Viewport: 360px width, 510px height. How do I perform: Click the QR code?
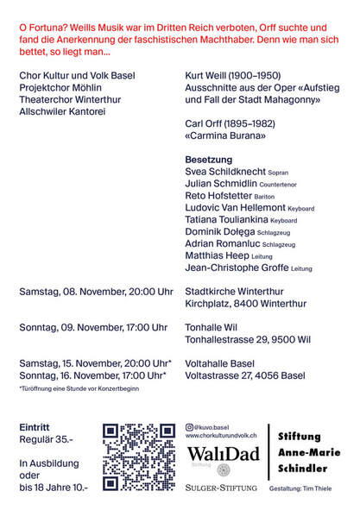[139, 456]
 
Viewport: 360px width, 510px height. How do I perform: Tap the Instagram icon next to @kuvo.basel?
[190, 427]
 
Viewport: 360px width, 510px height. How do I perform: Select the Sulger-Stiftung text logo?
[221, 488]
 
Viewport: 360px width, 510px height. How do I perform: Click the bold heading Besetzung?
[209, 161]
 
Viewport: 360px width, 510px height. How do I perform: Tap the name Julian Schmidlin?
[221, 185]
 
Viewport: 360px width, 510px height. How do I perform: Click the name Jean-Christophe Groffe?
[237, 268]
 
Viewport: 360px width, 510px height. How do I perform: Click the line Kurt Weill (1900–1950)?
[233, 76]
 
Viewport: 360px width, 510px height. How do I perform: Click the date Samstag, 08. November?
[72, 292]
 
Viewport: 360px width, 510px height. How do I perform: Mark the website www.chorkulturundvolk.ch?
[223, 437]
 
